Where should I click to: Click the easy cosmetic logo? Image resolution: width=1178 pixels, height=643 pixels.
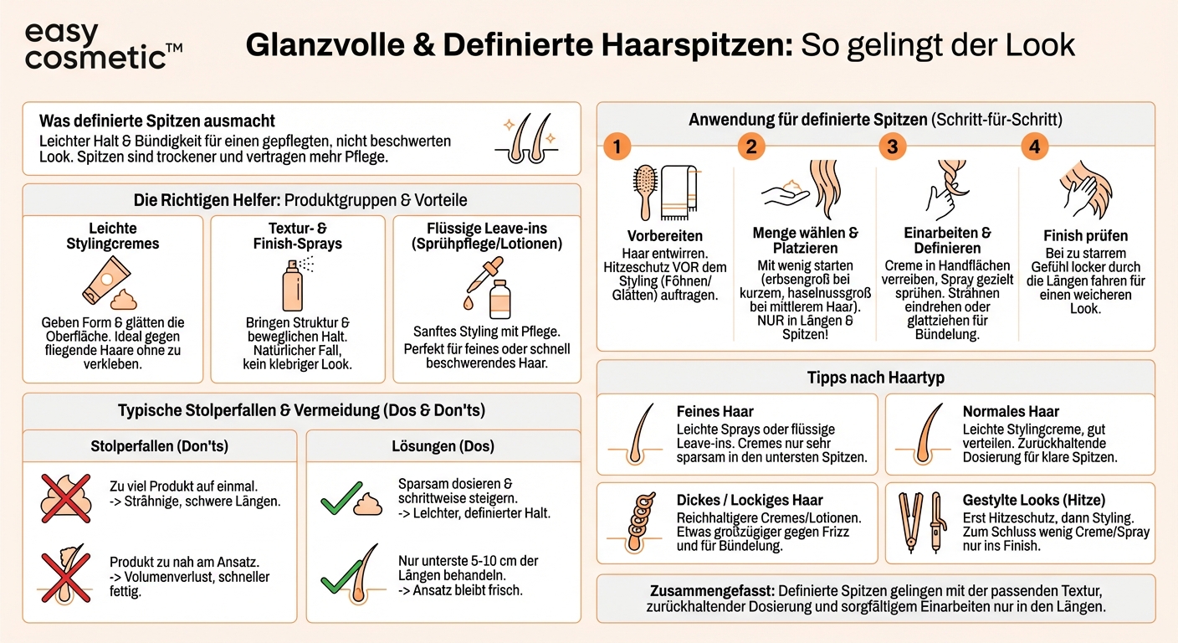tap(103, 46)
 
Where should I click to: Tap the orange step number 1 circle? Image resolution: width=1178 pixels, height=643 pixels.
tap(616, 147)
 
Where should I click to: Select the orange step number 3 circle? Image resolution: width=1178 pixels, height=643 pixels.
tap(893, 147)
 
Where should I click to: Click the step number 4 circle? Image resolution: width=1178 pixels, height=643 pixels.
tap(1035, 147)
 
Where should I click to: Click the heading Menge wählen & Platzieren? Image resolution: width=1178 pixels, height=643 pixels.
tap(805, 241)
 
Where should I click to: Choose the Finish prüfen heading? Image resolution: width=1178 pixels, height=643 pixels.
tap(1085, 235)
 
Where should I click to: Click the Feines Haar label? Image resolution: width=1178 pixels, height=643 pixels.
tap(714, 411)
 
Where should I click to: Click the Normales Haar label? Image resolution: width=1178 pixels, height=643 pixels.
tap(1011, 411)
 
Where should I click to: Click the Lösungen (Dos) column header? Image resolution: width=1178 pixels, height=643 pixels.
tap(443, 446)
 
